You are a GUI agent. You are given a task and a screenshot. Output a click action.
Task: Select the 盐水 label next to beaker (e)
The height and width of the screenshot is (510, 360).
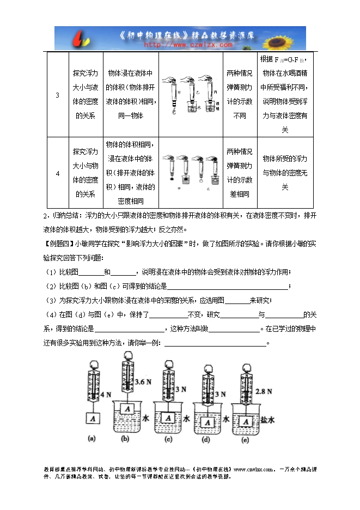click(268, 420)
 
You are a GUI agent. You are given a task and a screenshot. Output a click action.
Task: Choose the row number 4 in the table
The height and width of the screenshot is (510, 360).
click(58, 173)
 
